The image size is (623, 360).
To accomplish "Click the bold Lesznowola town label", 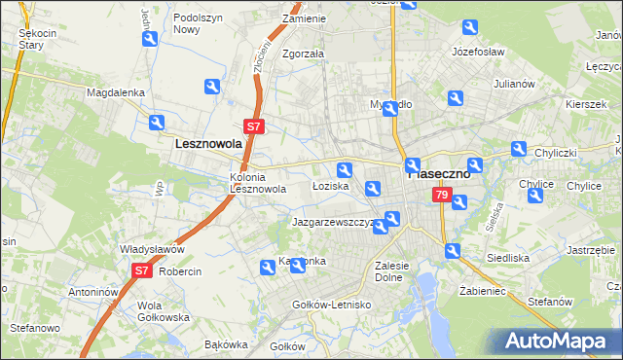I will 207,143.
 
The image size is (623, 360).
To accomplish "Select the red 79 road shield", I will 442,197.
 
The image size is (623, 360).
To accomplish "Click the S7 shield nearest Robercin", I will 141,271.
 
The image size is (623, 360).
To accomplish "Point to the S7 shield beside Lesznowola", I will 253,126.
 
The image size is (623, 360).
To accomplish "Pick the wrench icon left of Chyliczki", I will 519,150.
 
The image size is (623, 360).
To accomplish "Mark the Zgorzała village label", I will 303,54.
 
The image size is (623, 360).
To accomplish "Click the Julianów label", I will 514,84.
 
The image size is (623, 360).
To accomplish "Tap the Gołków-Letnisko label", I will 333,305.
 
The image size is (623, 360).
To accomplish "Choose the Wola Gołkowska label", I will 135,312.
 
